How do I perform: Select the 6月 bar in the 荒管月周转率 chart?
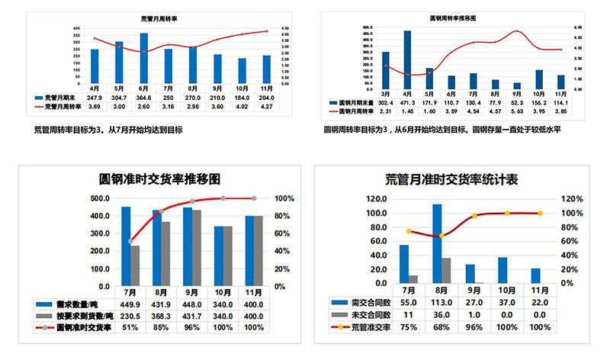click(x=144, y=53)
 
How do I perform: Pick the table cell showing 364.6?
click(x=144, y=98)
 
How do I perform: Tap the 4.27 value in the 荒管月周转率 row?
click(x=266, y=107)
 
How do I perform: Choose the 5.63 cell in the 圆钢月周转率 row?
click(x=518, y=111)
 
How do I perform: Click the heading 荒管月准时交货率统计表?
click(x=452, y=180)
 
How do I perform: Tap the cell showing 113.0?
click(x=442, y=303)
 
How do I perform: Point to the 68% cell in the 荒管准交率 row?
click(x=442, y=327)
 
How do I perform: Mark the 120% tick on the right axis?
click(x=574, y=199)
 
